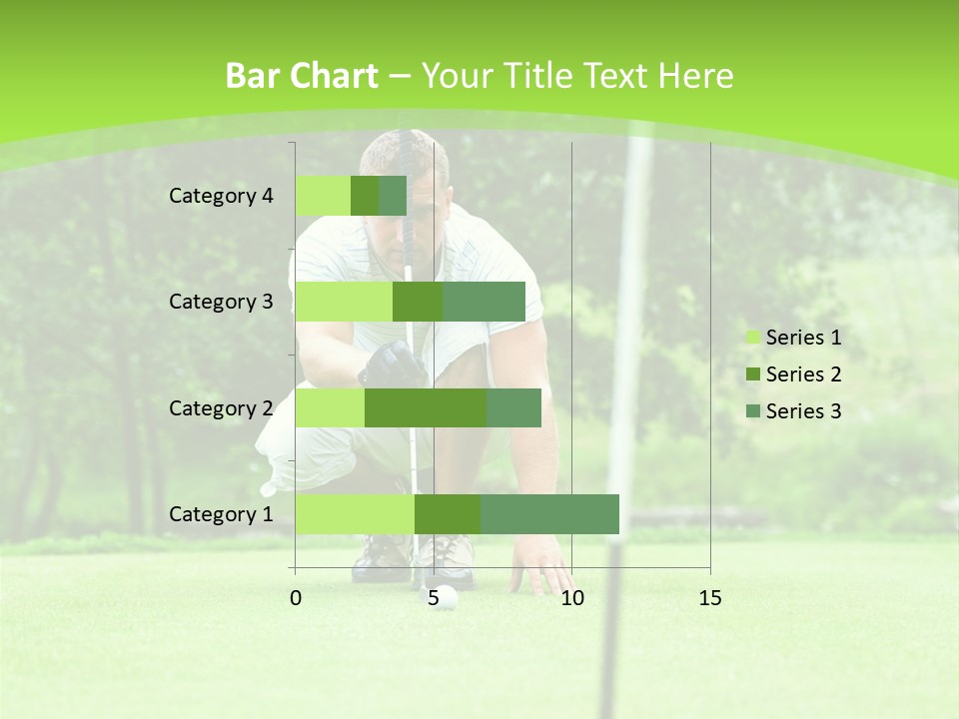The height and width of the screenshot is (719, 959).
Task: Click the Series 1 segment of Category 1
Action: (x=355, y=514)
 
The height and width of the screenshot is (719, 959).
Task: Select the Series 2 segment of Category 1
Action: (x=448, y=514)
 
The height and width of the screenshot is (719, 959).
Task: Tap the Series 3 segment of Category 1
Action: (x=549, y=514)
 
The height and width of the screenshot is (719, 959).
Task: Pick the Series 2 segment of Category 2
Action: (x=426, y=407)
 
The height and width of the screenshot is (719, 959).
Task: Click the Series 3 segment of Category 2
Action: (x=513, y=407)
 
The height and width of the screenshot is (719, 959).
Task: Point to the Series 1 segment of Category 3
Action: (x=344, y=302)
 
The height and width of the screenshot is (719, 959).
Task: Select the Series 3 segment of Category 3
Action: (x=483, y=302)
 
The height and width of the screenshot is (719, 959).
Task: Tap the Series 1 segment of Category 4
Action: (x=323, y=196)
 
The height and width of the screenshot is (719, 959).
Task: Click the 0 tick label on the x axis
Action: (x=296, y=598)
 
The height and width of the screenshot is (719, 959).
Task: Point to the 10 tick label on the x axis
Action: (x=571, y=598)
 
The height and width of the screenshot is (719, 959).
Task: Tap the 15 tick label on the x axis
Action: (x=709, y=598)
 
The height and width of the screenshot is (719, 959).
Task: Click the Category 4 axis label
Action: (x=221, y=196)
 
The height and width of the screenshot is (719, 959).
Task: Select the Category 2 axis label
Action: (x=221, y=407)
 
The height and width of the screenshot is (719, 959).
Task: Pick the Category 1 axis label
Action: (x=221, y=514)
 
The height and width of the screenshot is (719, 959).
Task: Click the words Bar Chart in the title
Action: (x=302, y=76)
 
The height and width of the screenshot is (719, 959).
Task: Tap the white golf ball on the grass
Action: (x=446, y=597)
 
